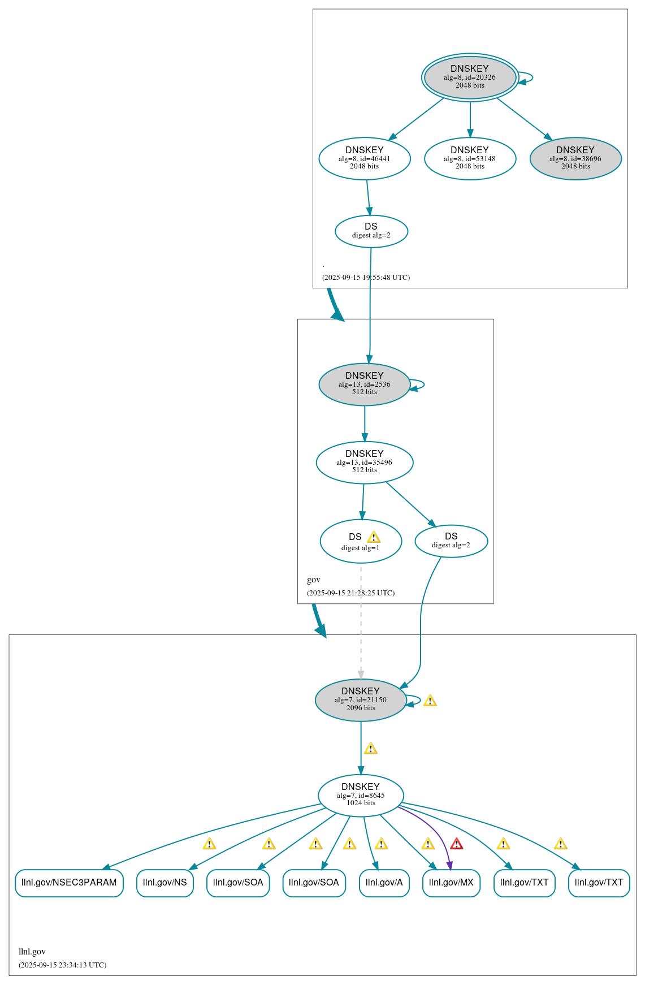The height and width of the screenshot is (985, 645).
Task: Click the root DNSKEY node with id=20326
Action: pyautogui.click(x=470, y=77)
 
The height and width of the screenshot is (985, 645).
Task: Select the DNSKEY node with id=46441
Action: pyautogui.click(x=365, y=158)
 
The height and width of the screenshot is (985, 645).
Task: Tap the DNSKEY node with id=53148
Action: pyautogui.click(x=470, y=158)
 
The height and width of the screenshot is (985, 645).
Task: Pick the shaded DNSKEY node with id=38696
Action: pyautogui.click(x=575, y=158)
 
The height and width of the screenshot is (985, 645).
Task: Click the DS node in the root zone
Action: pyautogui.click(x=371, y=231)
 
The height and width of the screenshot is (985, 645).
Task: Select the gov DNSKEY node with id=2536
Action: pyautogui.click(x=365, y=384)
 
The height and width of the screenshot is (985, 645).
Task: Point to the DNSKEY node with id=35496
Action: pyautogui.click(x=365, y=462)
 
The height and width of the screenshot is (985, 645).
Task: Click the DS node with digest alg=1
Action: pyautogui.click(x=361, y=541)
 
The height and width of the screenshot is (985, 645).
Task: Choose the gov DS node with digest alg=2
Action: pyautogui.click(x=451, y=541)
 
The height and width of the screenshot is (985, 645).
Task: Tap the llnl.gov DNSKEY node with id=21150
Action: pyautogui.click(x=361, y=699)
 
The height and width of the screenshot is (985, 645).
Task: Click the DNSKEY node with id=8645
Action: pyautogui.click(x=361, y=795)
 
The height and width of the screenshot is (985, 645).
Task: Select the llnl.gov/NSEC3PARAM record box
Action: pyautogui.click(x=69, y=883)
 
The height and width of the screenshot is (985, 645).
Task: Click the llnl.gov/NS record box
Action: pyautogui.click(x=165, y=883)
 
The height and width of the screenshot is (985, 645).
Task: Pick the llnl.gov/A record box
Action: pyautogui.click(x=384, y=883)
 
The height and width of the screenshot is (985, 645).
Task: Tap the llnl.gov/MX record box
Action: pyautogui.click(x=451, y=883)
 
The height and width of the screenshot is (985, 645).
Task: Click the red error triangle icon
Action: pyautogui.click(x=457, y=844)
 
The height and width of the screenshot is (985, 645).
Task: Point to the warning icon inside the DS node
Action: pyautogui.click(x=374, y=537)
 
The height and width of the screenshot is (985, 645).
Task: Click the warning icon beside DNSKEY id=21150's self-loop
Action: pyautogui.click(x=430, y=701)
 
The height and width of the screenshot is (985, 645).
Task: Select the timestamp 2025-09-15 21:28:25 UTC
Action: pyautogui.click(x=350, y=593)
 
